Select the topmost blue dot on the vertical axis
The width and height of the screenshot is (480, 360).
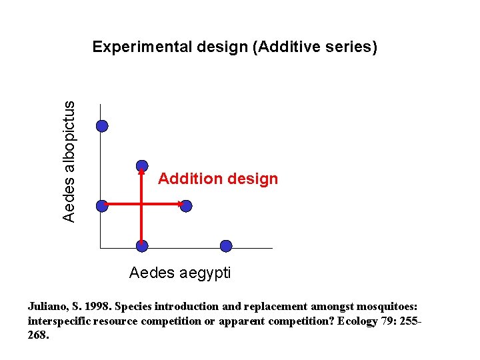(102, 126)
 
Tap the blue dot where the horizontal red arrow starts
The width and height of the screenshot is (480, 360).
(102, 206)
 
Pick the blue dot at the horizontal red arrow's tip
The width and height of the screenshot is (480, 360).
(186, 206)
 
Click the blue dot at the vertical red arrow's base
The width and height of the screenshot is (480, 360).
(142, 246)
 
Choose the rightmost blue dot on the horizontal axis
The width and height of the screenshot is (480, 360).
(226, 246)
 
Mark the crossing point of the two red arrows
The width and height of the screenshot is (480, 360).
(142, 203)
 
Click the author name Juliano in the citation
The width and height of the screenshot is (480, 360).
(46, 307)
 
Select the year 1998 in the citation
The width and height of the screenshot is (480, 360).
(97, 307)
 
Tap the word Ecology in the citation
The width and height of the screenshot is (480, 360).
(359, 321)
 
